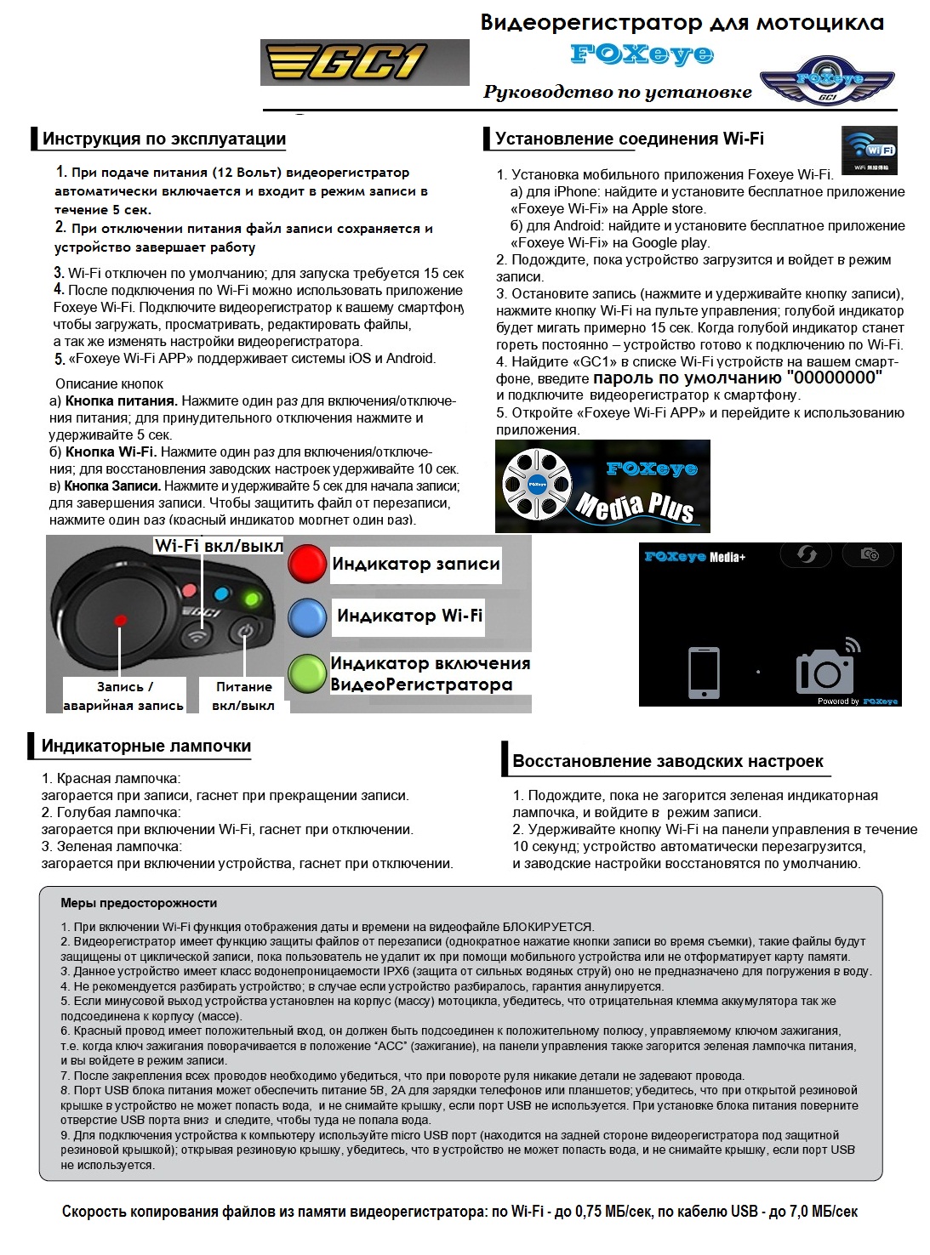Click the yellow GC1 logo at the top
click(364, 62)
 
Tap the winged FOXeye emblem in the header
click(826, 82)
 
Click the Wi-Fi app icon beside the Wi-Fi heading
click(869, 150)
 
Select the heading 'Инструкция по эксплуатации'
click(163, 139)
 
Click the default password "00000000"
click(835, 378)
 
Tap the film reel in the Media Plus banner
click(537, 486)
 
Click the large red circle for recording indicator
click(307, 564)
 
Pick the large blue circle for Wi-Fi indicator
click(307, 617)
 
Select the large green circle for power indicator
click(307, 673)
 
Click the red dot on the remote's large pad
click(120, 620)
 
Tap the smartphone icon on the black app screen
click(704, 673)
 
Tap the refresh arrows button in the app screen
click(806, 555)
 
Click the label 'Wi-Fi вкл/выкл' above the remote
click(219, 546)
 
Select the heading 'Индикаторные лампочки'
click(146, 746)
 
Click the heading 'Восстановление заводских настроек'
click(668, 761)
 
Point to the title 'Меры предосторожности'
click(139, 903)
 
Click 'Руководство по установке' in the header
click(618, 92)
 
